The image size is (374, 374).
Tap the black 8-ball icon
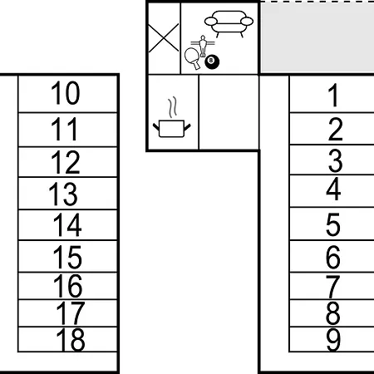coord(212,62)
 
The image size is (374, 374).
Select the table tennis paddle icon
coord(192,58)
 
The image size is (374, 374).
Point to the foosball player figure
coord(203,46)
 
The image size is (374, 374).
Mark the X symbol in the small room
coord(164,38)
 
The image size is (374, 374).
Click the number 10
coord(66,93)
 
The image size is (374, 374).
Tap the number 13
coord(63,194)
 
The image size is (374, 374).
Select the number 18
coord(71,340)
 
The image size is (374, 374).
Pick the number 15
coord(67,257)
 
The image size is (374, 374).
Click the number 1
coord(333,95)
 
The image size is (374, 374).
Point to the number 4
coord(333,189)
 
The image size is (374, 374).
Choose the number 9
coord(333,340)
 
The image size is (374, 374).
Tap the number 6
coord(333,257)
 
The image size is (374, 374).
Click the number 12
coord(66,162)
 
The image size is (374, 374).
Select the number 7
coord(333,287)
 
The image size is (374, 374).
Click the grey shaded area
coord(317,38)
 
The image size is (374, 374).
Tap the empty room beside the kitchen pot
coord(229,112)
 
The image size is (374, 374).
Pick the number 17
coord(71,313)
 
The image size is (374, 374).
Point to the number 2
coord(336,129)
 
